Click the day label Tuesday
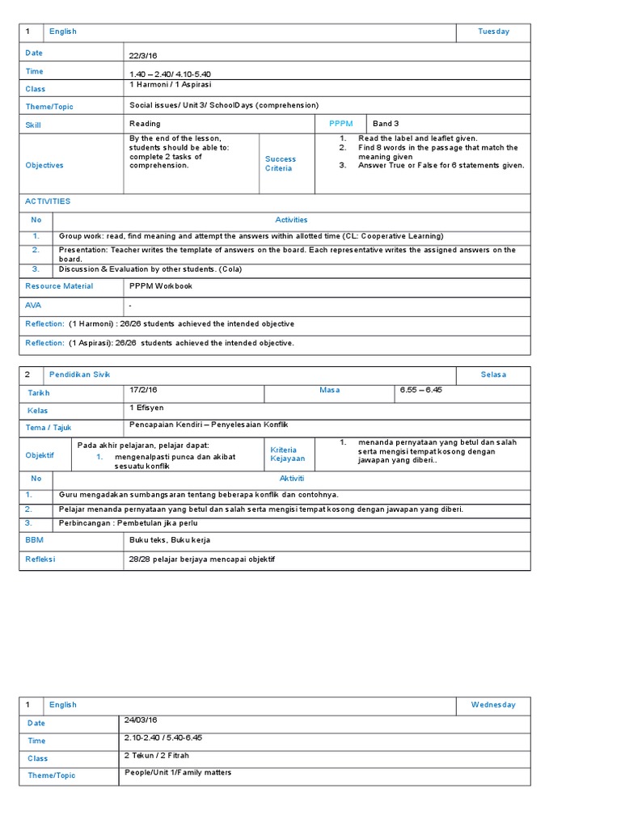click(x=493, y=32)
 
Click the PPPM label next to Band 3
click(x=341, y=124)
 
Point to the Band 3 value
click(x=386, y=124)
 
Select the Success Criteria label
click(x=281, y=164)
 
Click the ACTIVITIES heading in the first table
click(x=48, y=201)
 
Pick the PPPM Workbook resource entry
click(x=161, y=285)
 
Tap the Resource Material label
click(x=59, y=286)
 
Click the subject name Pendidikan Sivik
click(x=79, y=374)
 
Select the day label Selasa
click(x=493, y=375)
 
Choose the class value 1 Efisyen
click(x=146, y=408)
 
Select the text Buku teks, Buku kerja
click(x=170, y=539)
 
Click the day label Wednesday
click(x=493, y=704)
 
